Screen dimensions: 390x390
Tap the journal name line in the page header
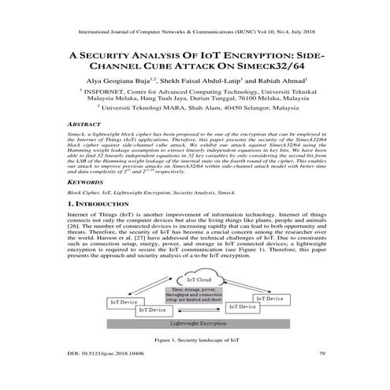[x=195, y=32]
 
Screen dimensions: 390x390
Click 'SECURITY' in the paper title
[x=113, y=56]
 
